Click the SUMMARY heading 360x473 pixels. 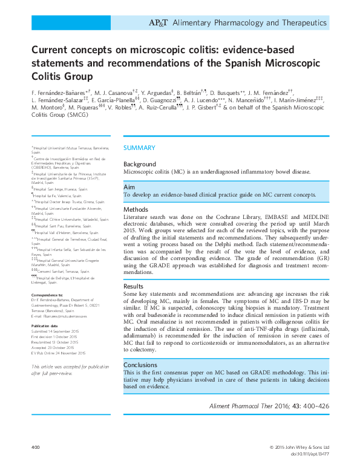pyautogui.click(x=140, y=148)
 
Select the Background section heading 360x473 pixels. pyautogui.click(x=140, y=165)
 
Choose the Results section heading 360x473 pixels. pyautogui.click(x=134, y=286)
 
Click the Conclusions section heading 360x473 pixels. pyautogui.click(x=140, y=365)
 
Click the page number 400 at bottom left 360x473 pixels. pyautogui.click(x=35, y=447)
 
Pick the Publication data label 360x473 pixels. pyautogui.click(x=44, y=325)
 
